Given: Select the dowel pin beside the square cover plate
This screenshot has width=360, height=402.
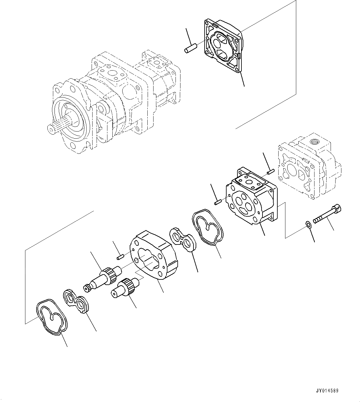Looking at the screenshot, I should coord(189,50).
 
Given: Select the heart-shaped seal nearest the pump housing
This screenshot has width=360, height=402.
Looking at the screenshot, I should coord(207,227).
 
